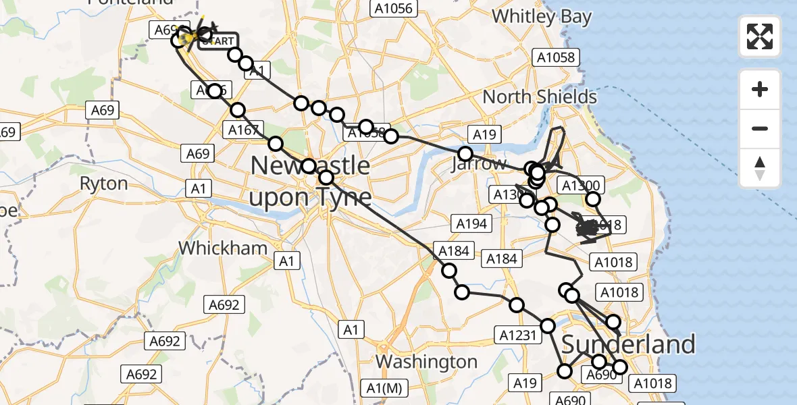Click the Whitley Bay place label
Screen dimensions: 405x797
tap(542, 16)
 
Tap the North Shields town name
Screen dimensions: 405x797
tap(540, 97)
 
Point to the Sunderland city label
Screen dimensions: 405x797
tap(628, 344)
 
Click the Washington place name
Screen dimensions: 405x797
tap(426, 362)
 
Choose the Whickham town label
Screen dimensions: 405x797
tap(223, 248)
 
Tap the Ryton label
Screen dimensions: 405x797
tap(103, 184)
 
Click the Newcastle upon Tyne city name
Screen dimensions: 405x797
tap(311, 181)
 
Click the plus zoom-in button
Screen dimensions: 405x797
tap(760, 89)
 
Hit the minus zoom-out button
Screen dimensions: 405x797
tap(760, 128)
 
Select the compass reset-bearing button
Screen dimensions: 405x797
tap(760, 168)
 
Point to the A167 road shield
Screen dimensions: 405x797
tap(244, 130)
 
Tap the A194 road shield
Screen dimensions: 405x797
tap(471, 223)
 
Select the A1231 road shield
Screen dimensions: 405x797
tap(518, 335)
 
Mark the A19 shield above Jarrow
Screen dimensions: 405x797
tap(484, 134)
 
